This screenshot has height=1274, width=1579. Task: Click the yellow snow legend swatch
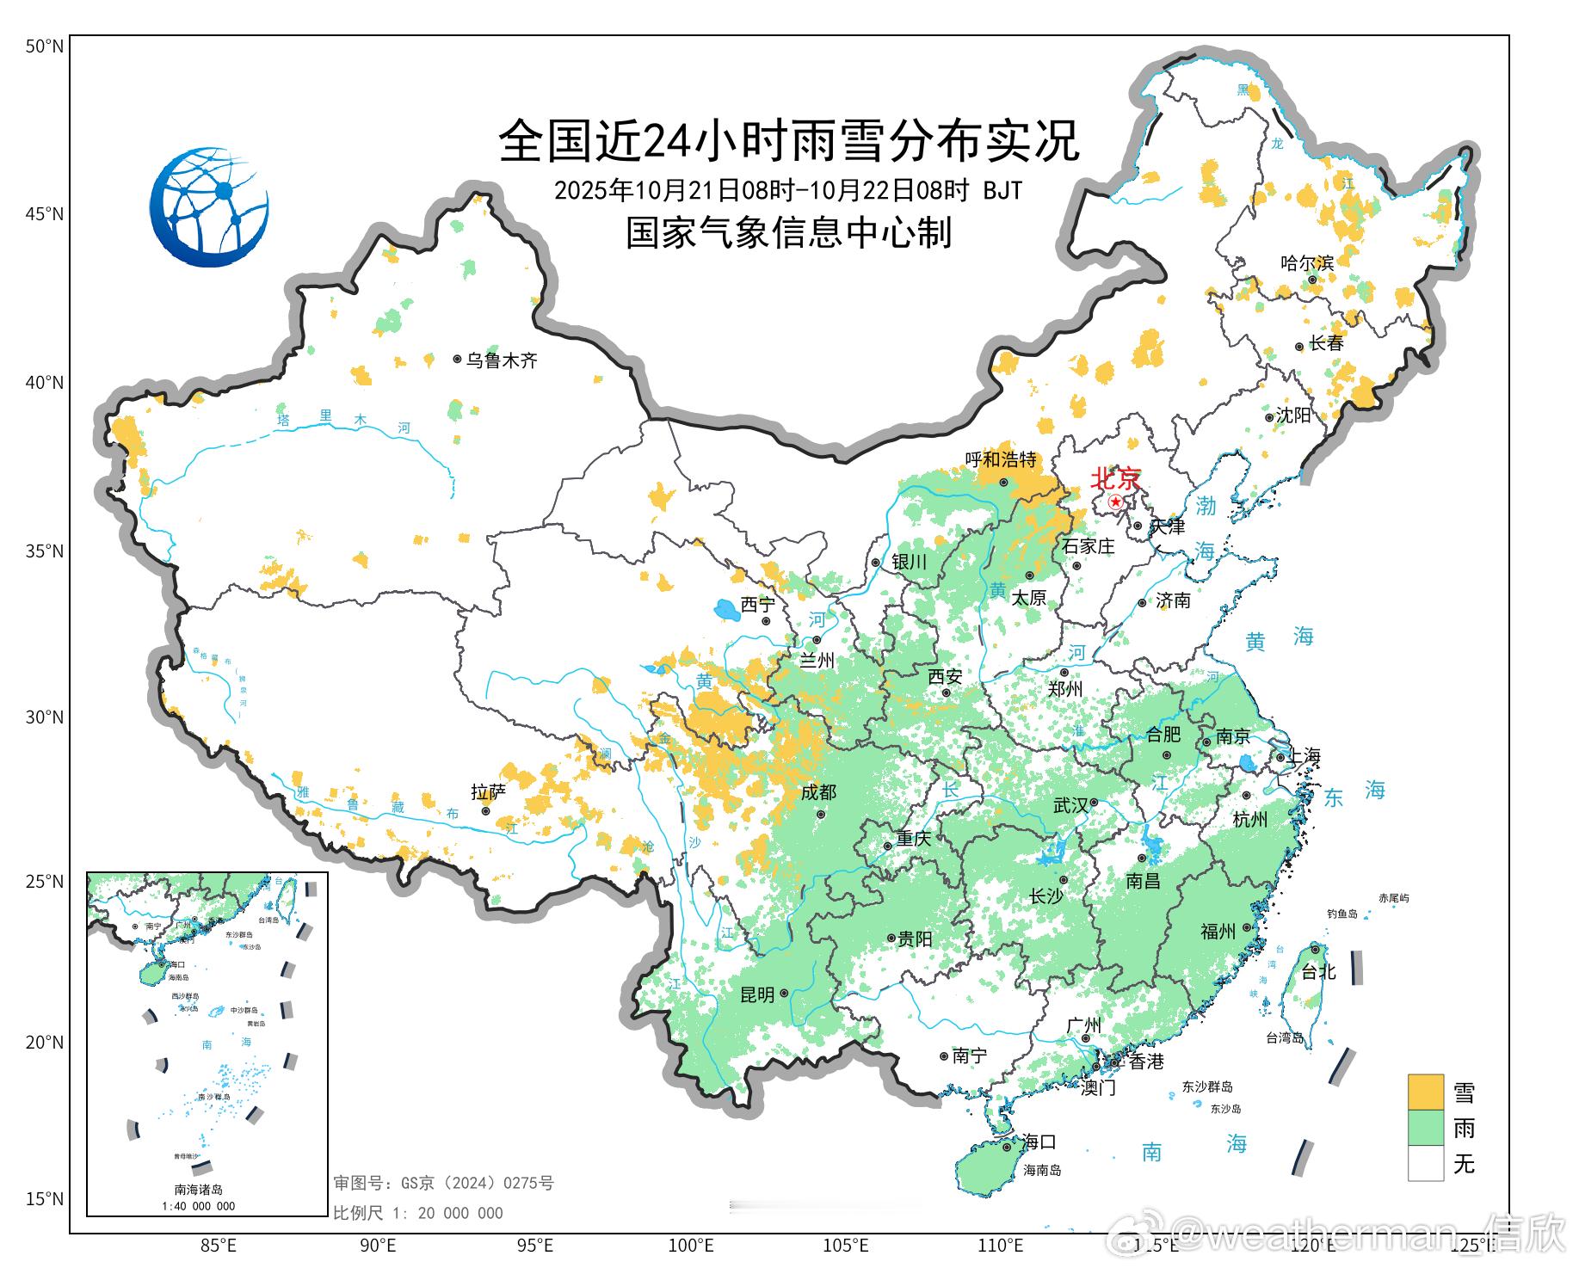coord(1425,1092)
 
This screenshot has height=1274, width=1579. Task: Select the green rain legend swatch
coord(1425,1128)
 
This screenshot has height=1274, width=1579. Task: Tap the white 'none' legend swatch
coord(1425,1163)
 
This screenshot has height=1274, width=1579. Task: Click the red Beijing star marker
coord(1115,502)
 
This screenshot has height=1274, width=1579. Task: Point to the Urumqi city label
coord(501,360)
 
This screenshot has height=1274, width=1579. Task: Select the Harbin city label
coord(1306,262)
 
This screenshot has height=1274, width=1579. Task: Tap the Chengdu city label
coord(818,792)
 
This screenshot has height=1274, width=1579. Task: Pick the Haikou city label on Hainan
coord(1039,1142)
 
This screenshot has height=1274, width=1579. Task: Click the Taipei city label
coord(1317,971)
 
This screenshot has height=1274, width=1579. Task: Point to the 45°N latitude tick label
coord(44,213)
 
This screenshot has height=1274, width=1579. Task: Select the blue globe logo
coord(209,207)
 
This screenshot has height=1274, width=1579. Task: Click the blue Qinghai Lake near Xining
coord(727,611)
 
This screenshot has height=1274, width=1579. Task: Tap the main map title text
coord(788,142)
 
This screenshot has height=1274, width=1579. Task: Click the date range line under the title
coord(788,189)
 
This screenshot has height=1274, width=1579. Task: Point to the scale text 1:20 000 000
coord(418,1213)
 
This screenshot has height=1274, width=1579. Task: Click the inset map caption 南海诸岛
coord(198,1190)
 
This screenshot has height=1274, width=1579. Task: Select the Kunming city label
coord(757,994)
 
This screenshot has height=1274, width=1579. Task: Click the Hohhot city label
coord(1001,460)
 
